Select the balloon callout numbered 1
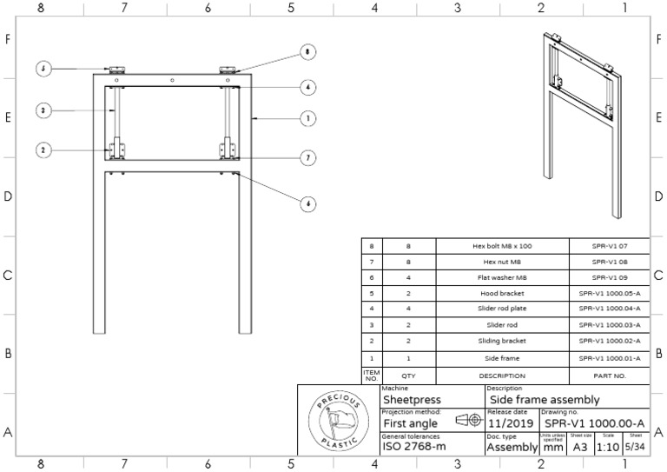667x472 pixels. click(307, 118)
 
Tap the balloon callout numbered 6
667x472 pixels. click(307, 204)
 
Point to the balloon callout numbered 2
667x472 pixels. click(43, 150)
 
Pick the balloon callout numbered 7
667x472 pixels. click(307, 157)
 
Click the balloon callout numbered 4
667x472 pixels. click(307, 87)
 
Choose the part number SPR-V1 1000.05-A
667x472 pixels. click(609, 293)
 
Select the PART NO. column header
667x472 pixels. click(609, 376)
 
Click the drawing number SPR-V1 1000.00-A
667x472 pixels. click(594, 422)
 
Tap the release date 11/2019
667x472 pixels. click(508, 422)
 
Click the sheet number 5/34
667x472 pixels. click(637, 447)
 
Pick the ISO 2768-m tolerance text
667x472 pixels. click(415, 448)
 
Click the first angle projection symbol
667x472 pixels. click(467, 420)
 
